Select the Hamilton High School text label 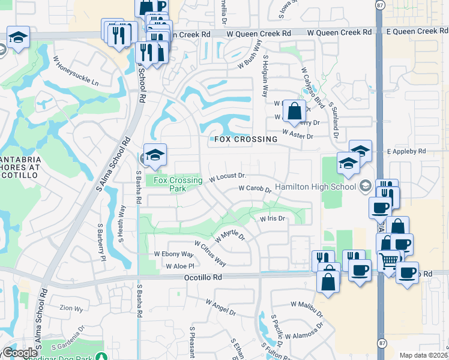pos(316,187)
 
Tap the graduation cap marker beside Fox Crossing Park pos(155,155)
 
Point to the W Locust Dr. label pos(228,177)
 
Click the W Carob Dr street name pos(255,188)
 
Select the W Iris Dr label pos(272,219)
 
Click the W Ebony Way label pos(174,254)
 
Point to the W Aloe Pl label pos(181,266)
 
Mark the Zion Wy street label pos(71,309)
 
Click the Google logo pos(20,353)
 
